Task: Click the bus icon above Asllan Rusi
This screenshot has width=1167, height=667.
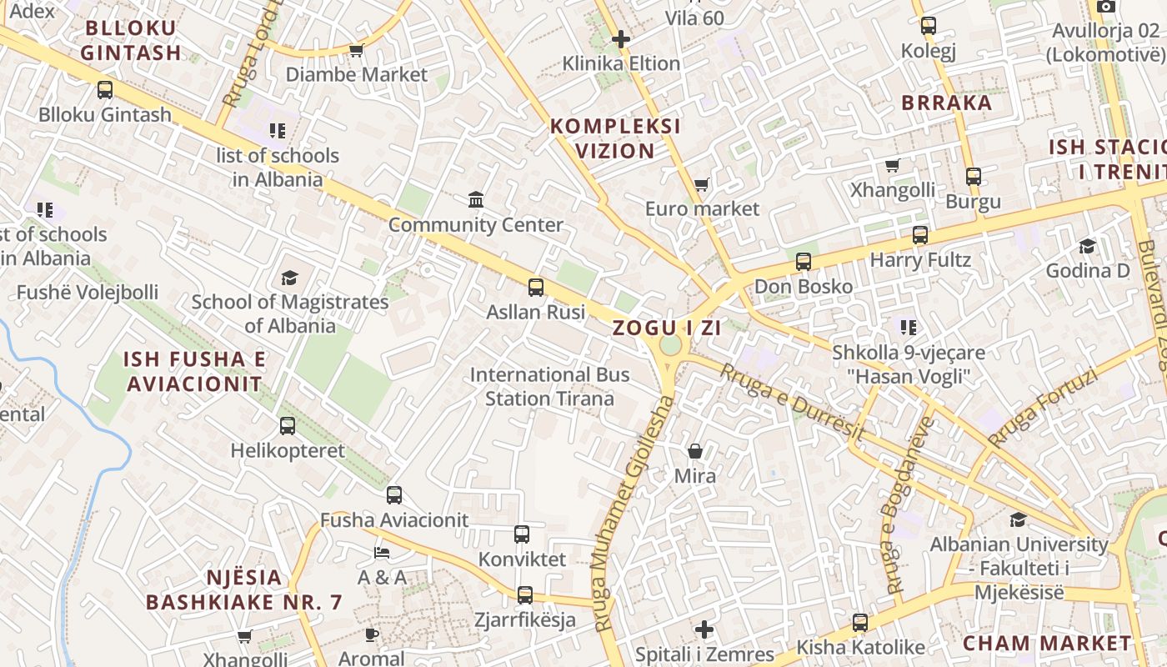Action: pos(536,288)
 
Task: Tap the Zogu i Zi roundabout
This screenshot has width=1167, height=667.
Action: pos(670,345)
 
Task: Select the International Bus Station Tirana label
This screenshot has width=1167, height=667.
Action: pos(549,387)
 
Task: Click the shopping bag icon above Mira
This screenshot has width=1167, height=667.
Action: pos(695,451)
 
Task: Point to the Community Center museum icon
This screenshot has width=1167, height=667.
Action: pos(476,199)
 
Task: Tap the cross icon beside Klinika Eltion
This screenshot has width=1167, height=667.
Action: pos(621,38)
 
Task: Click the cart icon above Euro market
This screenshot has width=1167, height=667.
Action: pos(702,184)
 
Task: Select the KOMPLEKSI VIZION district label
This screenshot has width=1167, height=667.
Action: pos(615,138)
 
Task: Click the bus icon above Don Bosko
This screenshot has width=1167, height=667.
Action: pos(804,262)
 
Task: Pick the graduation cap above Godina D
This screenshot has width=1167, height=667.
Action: pos(1088,246)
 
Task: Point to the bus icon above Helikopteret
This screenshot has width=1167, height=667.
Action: pos(288,426)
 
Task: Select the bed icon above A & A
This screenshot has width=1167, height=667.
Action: pos(382,552)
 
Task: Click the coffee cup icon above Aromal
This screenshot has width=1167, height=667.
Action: pos(372,634)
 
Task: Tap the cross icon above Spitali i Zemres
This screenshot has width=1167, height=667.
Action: pos(704,629)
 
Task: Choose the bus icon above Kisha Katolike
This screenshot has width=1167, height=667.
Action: pos(860,623)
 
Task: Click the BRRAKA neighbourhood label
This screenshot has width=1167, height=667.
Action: pos(947,103)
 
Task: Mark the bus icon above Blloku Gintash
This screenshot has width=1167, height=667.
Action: pos(105,90)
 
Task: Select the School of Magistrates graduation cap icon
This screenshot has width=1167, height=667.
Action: pos(289,278)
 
